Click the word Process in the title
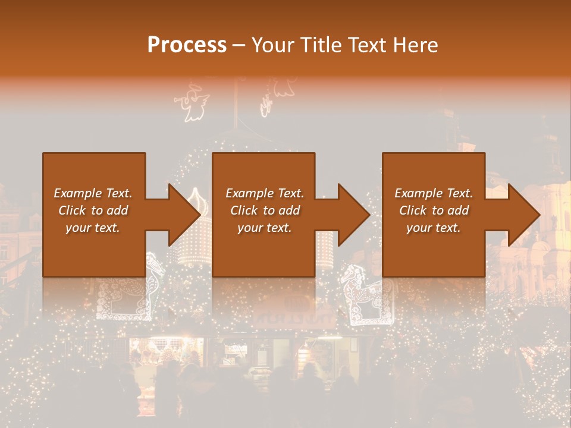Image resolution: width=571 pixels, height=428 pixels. [x=187, y=45]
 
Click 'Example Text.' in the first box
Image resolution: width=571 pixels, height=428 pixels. [x=93, y=193]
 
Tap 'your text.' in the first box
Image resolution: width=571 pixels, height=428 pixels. [x=93, y=228]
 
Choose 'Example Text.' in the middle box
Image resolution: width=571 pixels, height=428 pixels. [x=265, y=193]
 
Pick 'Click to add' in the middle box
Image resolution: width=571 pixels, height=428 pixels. [x=265, y=210]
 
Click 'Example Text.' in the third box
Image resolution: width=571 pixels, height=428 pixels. [x=434, y=193]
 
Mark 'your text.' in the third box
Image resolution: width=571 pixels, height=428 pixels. [x=434, y=228]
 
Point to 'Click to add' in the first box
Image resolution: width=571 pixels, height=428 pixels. [x=93, y=210]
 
